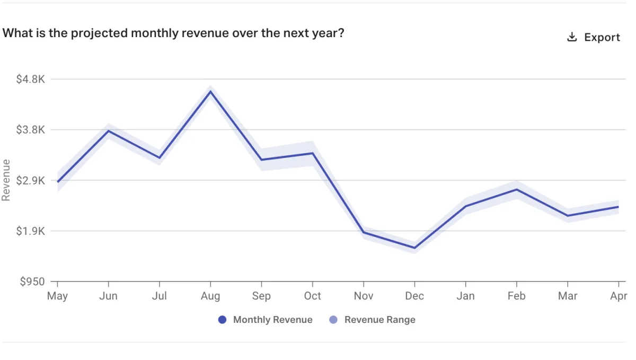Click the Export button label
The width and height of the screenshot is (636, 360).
602,37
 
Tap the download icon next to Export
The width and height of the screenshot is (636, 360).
572,37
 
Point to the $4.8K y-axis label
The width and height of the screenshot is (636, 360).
30,79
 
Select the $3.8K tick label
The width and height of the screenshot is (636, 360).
30,130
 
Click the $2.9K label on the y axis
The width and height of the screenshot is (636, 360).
30,180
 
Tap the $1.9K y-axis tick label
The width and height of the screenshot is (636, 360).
30,231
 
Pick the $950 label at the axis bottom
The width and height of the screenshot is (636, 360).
32,282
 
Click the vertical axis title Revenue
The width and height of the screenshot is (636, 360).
6,180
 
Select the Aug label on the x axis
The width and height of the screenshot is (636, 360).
210,296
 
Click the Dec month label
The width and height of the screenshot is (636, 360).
414,296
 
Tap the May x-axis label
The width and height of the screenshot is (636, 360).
57,296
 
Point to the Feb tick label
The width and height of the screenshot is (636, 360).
516,296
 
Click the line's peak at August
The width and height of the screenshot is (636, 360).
210,91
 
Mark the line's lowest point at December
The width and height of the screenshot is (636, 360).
414,248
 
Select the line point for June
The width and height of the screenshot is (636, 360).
108,130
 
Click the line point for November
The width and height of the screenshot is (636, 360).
364,232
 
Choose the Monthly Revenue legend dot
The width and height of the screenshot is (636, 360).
223,320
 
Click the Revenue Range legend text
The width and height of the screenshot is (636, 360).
379,320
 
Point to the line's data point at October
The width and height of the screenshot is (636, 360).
313,153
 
